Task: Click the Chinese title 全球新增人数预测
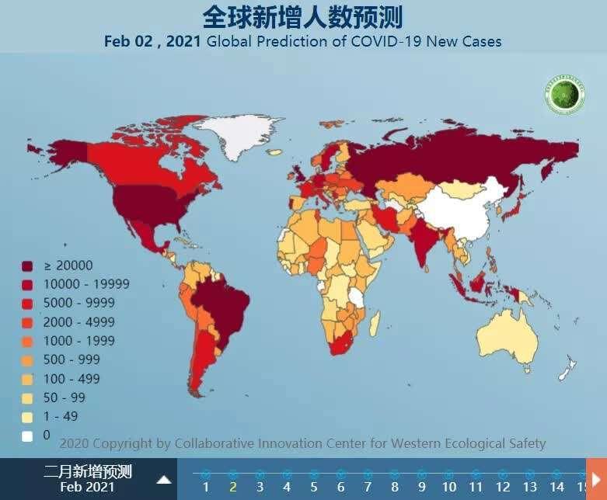pyautogui.click(x=302, y=16)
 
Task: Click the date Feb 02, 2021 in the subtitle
pyautogui.click(x=152, y=41)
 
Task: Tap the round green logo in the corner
pyautogui.click(x=564, y=95)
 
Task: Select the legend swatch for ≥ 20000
pyautogui.click(x=28, y=266)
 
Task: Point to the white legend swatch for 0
pyautogui.click(x=28, y=436)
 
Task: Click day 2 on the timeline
pyautogui.click(x=232, y=487)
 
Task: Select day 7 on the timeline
pyautogui.click(x=368, y=487)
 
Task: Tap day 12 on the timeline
pyautogui.click(x=502, y=487)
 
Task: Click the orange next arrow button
pyautogui.click(x=596, y=478)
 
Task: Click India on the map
pyautogui.click(x=424, y=240)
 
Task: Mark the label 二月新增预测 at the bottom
pyautogui.click(x=88, y=471)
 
